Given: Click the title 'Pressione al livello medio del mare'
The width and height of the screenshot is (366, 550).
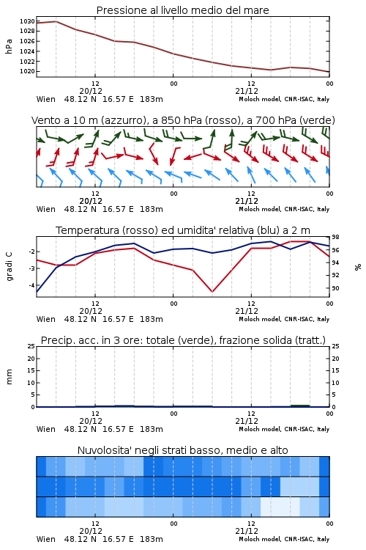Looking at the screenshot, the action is pos(182,10).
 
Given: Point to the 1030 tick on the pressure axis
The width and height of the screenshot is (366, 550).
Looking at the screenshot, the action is pos(27,21).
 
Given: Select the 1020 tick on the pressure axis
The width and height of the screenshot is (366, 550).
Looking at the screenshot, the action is pos(27,71).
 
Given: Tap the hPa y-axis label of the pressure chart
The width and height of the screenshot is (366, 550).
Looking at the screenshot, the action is pos(9,46).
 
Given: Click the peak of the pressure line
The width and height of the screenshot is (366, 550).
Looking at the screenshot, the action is pos(56,21).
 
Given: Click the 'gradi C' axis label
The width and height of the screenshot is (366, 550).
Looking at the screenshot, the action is pos(9,266).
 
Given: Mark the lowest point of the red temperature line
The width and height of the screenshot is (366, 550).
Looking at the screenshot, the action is pos(212,291).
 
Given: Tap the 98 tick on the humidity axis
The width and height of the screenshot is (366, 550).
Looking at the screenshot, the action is pos(335,238).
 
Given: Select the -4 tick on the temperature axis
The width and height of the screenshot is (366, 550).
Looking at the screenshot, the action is pos(31,285).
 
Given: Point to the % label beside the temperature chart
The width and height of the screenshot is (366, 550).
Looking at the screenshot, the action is pos(358,267).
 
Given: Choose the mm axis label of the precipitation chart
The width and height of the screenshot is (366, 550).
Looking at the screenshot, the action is pos(9,377).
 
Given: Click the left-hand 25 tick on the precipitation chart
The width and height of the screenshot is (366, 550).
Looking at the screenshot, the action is pos(31,346).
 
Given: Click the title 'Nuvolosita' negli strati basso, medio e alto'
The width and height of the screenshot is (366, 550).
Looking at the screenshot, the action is pos(182,450).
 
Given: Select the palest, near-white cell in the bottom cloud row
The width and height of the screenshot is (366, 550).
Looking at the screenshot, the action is pos(280,507).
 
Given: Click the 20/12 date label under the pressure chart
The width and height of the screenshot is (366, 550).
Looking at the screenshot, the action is pos(91,91).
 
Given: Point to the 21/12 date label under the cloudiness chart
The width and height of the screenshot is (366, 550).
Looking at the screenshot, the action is pos(247,531).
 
